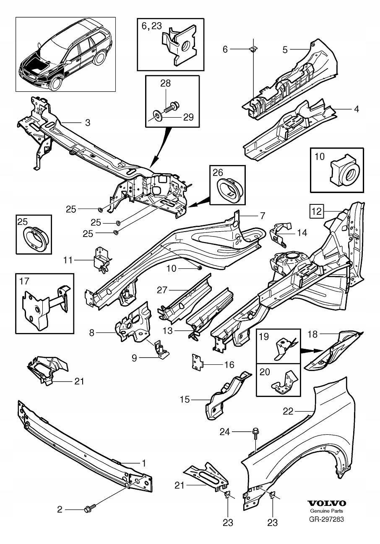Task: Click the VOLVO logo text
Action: tap(327, 503)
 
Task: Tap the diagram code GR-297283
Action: tap(327, 520)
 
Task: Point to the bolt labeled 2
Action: tap(89, 509)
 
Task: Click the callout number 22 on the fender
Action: tap(300, 411)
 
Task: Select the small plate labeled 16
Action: tap(196, 362)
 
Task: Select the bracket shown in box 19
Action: tap(284, 348)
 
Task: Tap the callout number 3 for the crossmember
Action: tap(88, 123)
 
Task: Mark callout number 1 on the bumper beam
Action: tap(143, 463)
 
